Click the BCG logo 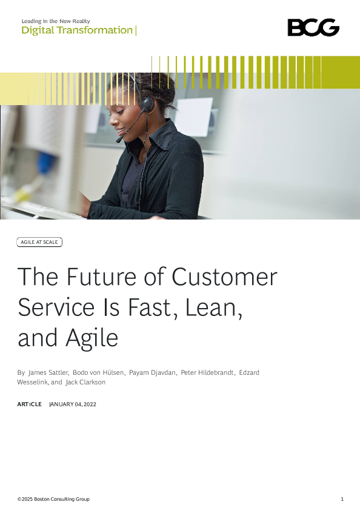313,27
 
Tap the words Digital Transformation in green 77,30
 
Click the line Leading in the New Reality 56,21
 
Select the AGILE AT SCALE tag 39,242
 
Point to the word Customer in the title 224,277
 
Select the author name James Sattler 48,372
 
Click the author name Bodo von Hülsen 98,372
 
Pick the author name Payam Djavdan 153,372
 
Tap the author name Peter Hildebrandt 207,372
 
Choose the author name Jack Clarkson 85,382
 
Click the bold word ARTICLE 29,404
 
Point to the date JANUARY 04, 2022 73,404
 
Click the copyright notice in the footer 53,499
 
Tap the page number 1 342,499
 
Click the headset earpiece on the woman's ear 147,104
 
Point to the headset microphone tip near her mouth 119,140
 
